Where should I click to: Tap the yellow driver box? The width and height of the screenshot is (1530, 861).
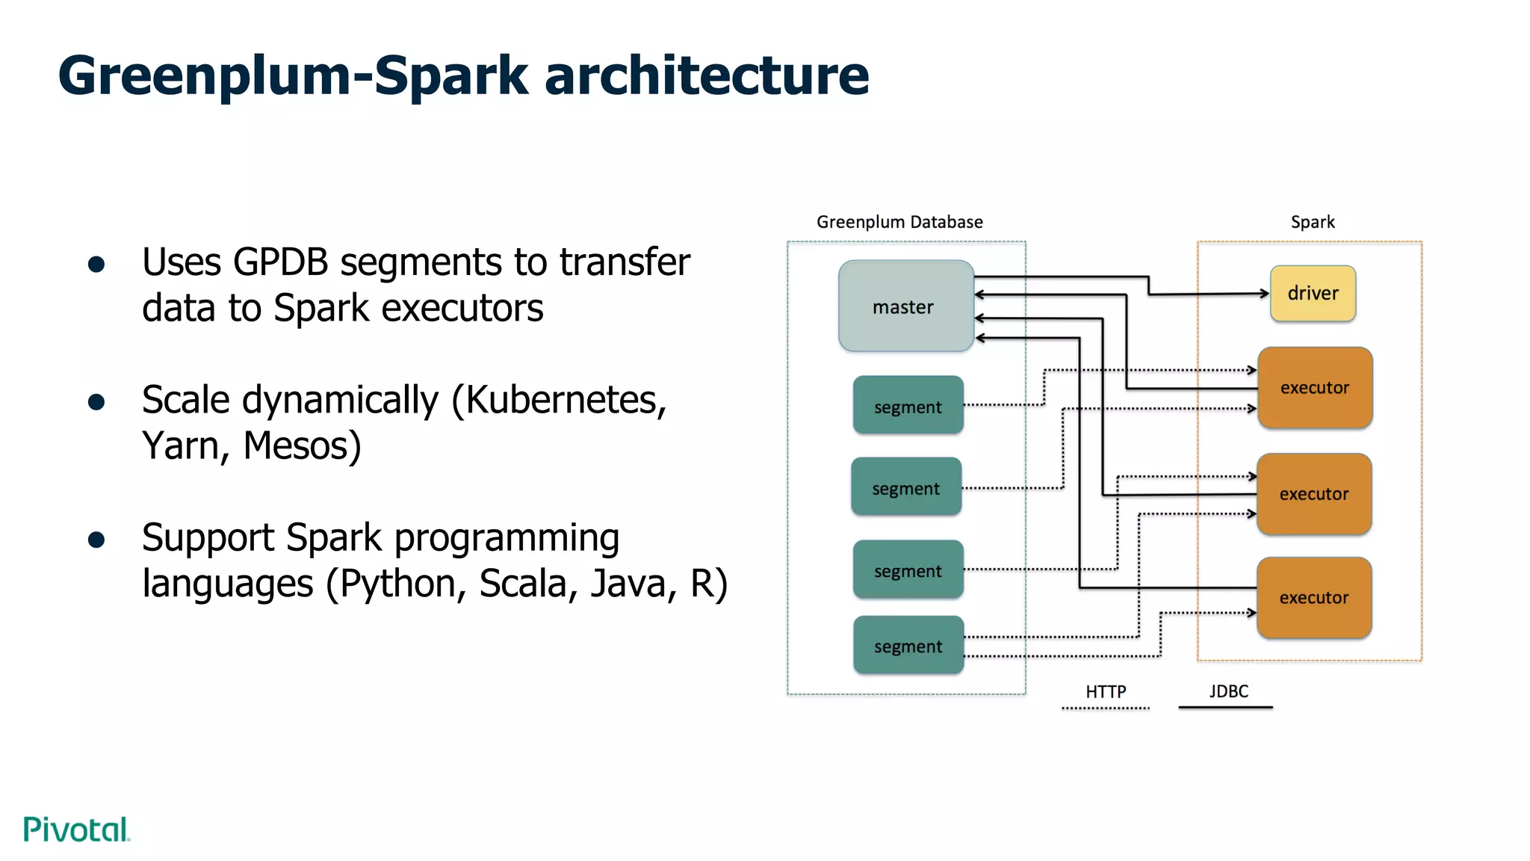pos(1313,293)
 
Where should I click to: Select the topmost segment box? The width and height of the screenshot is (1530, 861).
pos(908,406)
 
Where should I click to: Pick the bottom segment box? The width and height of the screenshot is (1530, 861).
pos(908,645)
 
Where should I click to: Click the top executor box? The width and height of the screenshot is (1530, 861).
pos(1315,387)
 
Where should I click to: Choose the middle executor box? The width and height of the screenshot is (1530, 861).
pos(1314,493)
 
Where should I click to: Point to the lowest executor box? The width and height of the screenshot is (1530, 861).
pos(1314,597)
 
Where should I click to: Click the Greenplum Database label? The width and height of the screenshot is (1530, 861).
pos(899,222)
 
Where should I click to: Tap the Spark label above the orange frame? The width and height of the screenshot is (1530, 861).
pos(1313,222)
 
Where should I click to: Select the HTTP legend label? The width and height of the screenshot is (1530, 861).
pos(1106,691)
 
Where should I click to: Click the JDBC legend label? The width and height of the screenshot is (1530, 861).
pos(1229,691)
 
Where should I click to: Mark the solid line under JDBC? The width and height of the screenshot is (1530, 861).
pos(1225,707)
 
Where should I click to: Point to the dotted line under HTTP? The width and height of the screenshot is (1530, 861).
pos(1106,708)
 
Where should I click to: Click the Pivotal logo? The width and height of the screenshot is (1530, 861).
pos(77,830)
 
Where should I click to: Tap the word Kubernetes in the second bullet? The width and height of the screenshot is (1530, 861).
pos(565,400)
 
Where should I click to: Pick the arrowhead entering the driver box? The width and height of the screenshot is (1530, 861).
pos(1265,294)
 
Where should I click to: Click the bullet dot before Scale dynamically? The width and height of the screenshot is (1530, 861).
pos(96,403)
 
